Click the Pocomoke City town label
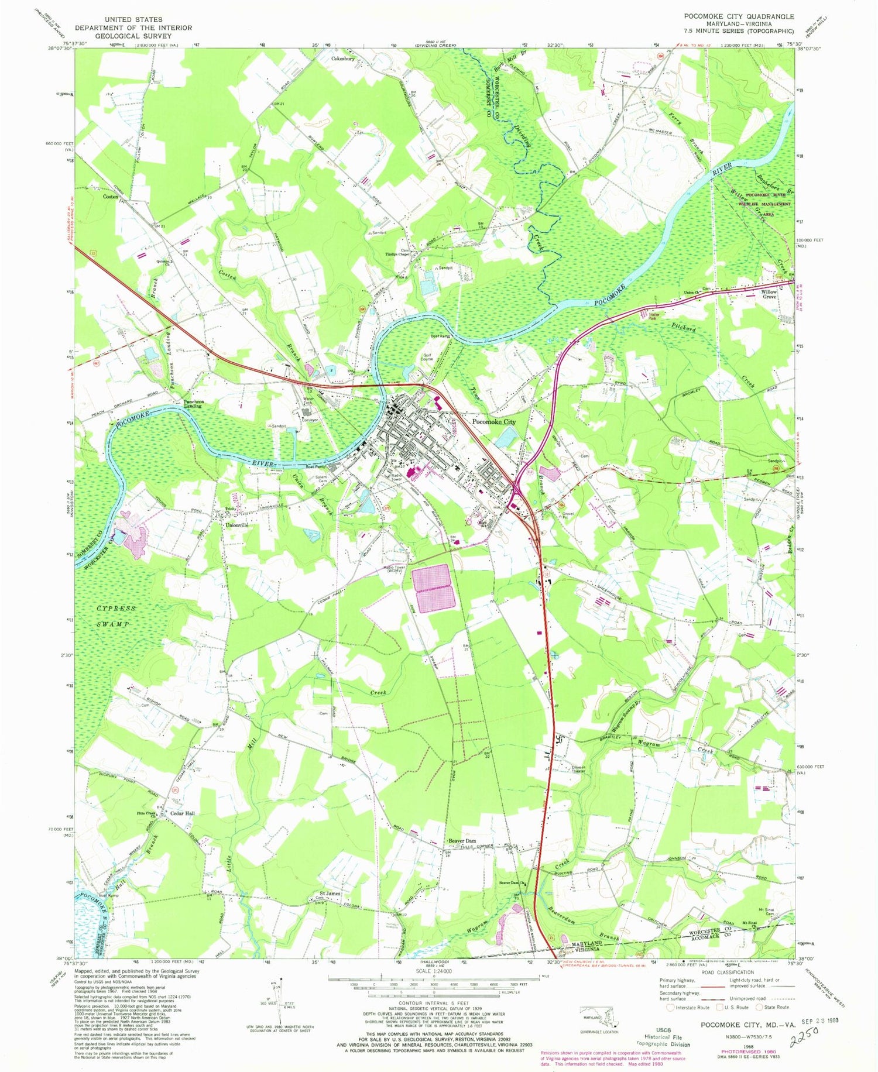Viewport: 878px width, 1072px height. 494,422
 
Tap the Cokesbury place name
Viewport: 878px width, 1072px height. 343,59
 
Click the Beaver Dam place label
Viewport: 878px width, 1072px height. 462,840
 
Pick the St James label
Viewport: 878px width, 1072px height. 330,894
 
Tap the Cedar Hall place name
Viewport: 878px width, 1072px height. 182,813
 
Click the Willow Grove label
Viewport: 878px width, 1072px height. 769,294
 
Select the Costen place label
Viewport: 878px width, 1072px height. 111,197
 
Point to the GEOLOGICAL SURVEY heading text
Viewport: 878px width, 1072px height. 134,36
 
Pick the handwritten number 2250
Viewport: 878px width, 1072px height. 805,1039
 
